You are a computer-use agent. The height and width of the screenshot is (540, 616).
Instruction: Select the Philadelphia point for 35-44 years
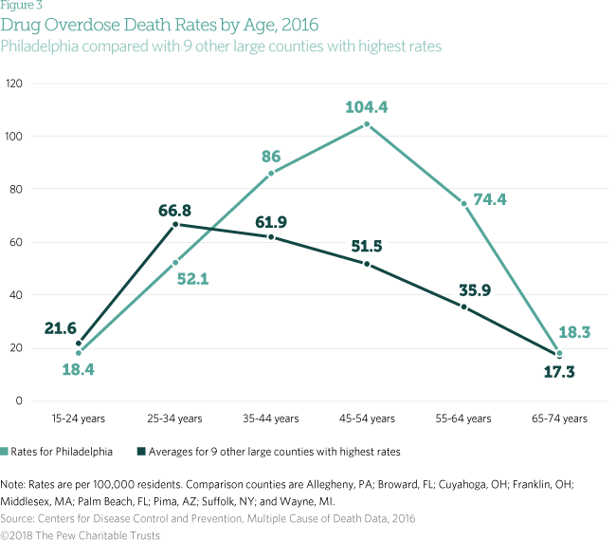271,174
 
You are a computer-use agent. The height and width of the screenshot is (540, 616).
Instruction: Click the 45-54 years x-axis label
367,419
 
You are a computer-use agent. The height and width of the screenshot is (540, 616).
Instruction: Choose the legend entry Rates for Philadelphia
63,451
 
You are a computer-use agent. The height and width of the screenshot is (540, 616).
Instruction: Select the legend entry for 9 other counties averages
269,451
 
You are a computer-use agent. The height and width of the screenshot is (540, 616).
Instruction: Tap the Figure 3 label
26,5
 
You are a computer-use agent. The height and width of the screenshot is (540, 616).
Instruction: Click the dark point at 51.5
368,264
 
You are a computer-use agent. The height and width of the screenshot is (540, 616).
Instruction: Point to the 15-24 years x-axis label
79,419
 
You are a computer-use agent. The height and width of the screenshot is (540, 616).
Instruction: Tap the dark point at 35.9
463,306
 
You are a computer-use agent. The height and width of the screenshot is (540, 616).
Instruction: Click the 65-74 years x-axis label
559,419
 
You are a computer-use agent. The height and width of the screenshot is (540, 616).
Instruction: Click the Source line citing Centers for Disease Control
208,518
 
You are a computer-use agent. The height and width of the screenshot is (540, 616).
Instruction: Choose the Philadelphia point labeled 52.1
175,263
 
